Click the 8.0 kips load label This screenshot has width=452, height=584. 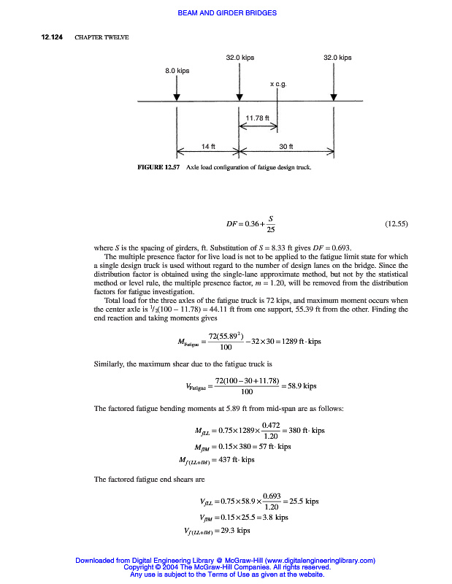pos(177,71)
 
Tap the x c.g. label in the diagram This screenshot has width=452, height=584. pos(278,85)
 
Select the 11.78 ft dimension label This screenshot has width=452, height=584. pos(258,118)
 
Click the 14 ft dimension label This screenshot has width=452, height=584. pos(208,147)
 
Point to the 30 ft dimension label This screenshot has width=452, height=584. pos(286,147)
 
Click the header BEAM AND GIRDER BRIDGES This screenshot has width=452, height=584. pos(226,13)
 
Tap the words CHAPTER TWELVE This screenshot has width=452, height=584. pos(102,38)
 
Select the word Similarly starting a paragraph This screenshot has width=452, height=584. pos(111,364)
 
